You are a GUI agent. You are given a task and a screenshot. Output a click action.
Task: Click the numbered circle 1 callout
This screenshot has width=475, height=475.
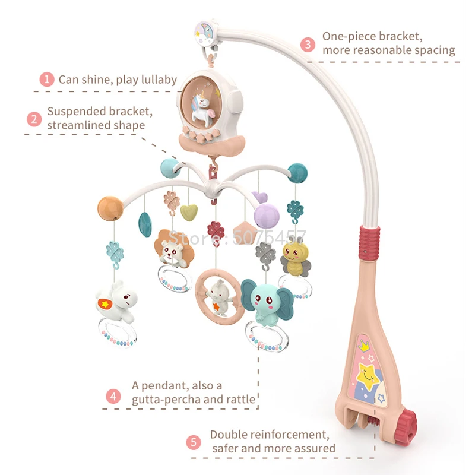pyautogui.click(x=47, y=80)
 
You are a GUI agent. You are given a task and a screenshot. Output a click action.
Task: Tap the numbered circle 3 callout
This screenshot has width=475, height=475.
pyautogui.click(x=308, y=43)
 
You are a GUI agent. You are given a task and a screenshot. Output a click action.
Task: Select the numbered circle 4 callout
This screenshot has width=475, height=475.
pyautogui.click(x=113, y=396)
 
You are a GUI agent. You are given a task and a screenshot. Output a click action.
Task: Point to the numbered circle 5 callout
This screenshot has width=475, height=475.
pyautogui.click(x=194, y=442)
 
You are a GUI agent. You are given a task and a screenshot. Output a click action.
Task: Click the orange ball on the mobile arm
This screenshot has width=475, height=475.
pyautogui.click(x=110, y=208)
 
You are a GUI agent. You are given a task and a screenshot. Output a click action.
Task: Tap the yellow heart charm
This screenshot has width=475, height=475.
pyautogui.click(x=189, y=211)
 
